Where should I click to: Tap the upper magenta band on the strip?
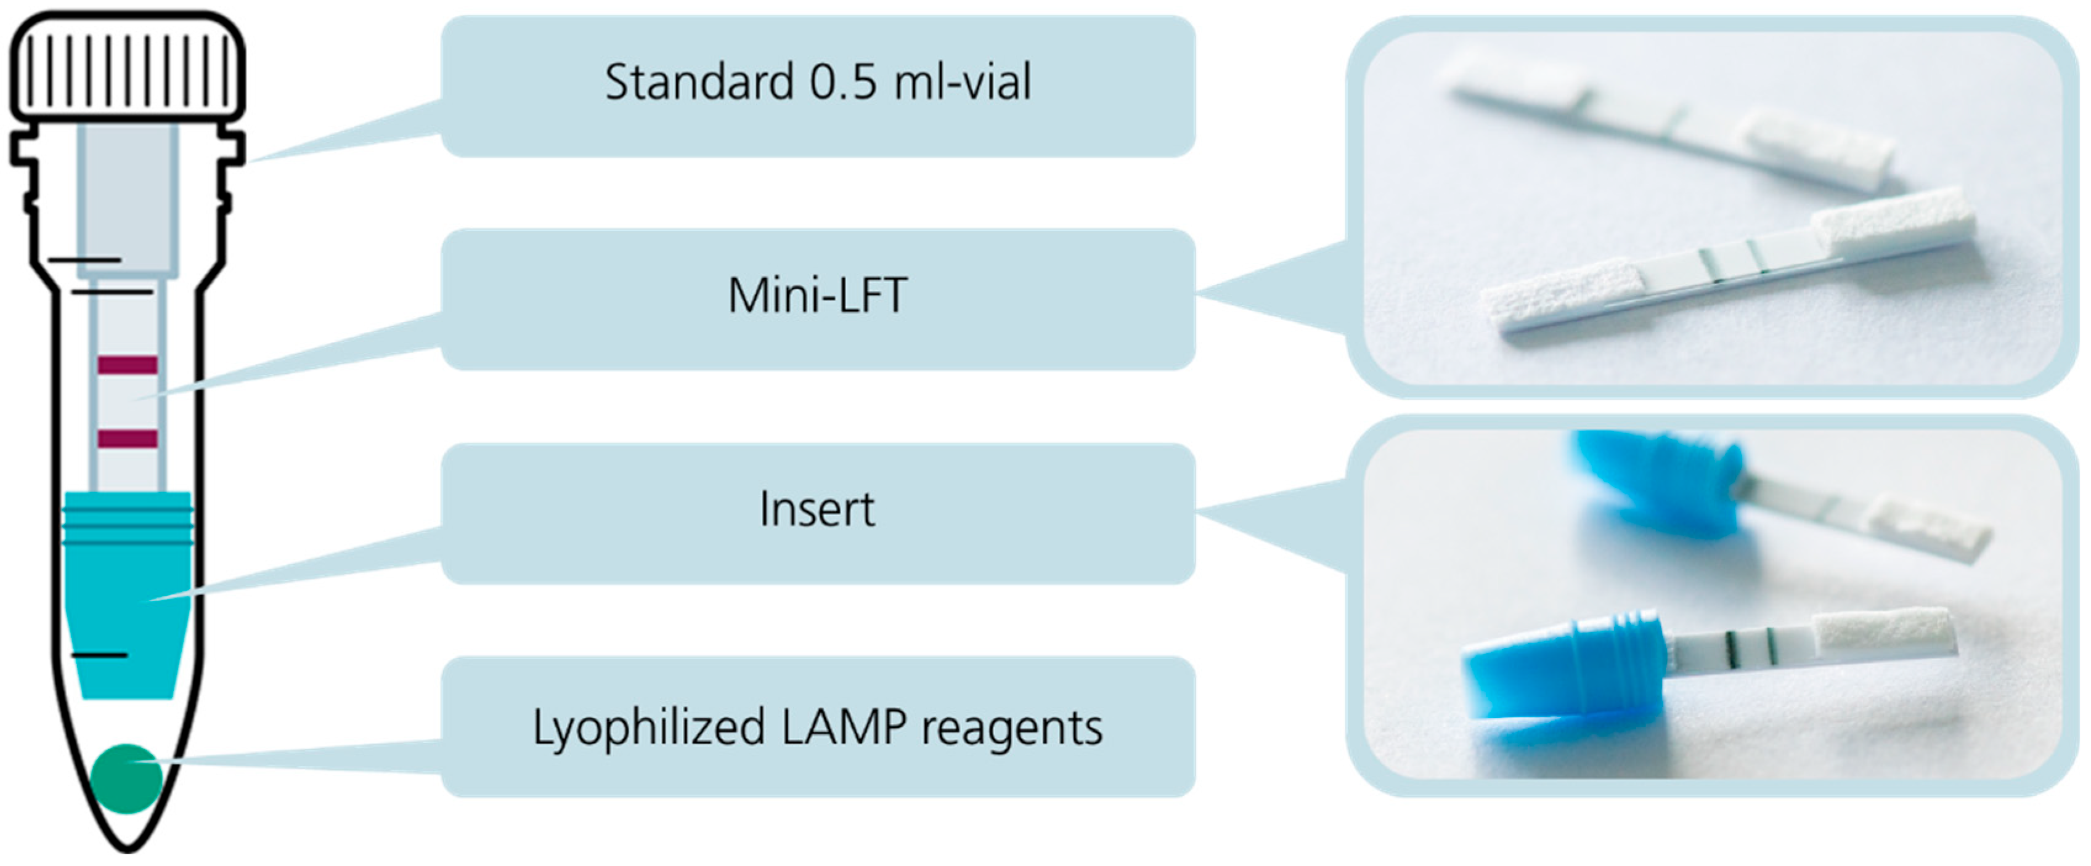click(128, 365)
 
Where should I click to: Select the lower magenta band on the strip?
click(128, 439)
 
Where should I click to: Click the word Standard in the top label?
click(698, 83)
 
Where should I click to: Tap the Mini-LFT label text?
click(817, 296)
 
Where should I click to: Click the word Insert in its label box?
click(817, 510)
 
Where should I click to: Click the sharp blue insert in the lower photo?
click(1559, 666)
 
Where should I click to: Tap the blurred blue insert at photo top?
click(1656, 483)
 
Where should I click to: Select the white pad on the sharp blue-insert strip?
click(1883, 631)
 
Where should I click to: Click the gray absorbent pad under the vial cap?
click(128, 199)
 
